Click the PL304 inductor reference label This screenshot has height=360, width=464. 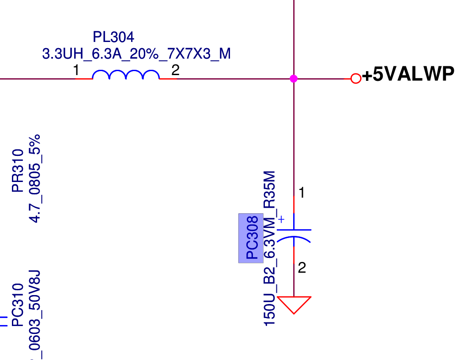[113, 37]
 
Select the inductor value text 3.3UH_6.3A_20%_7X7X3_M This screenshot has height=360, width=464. [136, 54]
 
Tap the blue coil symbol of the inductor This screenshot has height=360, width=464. [126, 75]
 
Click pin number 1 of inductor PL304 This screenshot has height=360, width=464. [76, 70]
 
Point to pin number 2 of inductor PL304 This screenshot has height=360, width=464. [175, 70]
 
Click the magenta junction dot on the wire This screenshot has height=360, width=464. [294, 79]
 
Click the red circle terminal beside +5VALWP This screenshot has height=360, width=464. [355, 79]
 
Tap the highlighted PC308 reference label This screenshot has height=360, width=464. [251, 238]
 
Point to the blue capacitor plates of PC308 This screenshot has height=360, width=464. [294, 235]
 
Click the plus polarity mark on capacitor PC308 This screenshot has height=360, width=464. [281, 219]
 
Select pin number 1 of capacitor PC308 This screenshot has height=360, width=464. [302, 193]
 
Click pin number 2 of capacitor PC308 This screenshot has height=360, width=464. [302, 268]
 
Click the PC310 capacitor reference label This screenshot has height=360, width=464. [18, 305]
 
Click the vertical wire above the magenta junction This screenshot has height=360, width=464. [294, 35]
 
